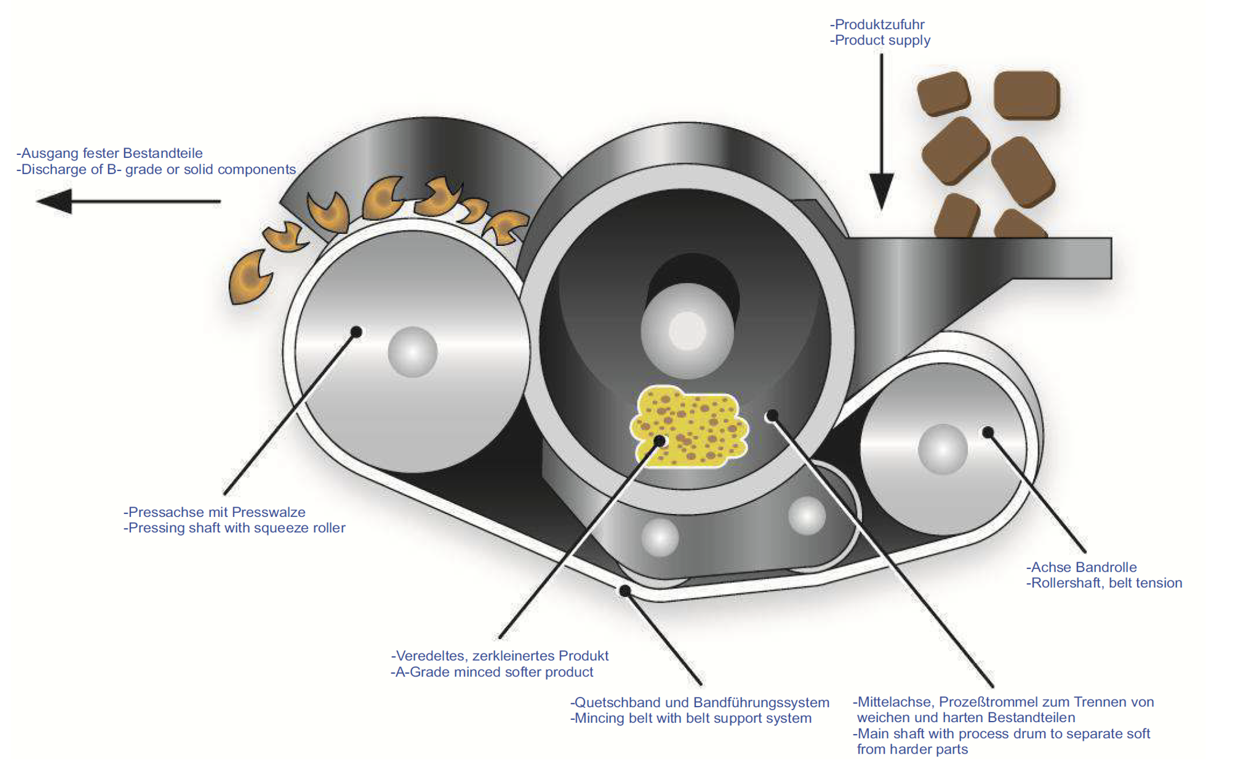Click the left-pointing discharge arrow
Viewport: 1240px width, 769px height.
pyautogui.click(x=126, y=201)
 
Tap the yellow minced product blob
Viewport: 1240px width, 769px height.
pyautogui.click(x=689, y=425)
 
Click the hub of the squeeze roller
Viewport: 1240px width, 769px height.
pyautogui.click(x=412, y=352)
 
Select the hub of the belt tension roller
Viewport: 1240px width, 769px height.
pyautogui.click(x=942, y=449)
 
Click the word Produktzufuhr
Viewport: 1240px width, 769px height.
pyautogui.click(x=879, y=25)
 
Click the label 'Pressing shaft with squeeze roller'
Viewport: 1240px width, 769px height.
pyautogui.click(x=236, y=528)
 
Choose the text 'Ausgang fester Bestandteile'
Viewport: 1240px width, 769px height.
pyautogui.click(x=111, y=153)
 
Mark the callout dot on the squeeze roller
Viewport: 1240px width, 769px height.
pyautogui.click(x=356, y=332)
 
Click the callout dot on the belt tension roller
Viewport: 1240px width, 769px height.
pyautogui.click(x=988, y=432)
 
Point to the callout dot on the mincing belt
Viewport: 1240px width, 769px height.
pyautogui.click(x=625, y=591)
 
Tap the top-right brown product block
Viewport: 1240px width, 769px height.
pyautogui.click(x=1027, y=95)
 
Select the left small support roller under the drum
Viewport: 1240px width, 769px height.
pyautogui.click(x=660, y=537)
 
